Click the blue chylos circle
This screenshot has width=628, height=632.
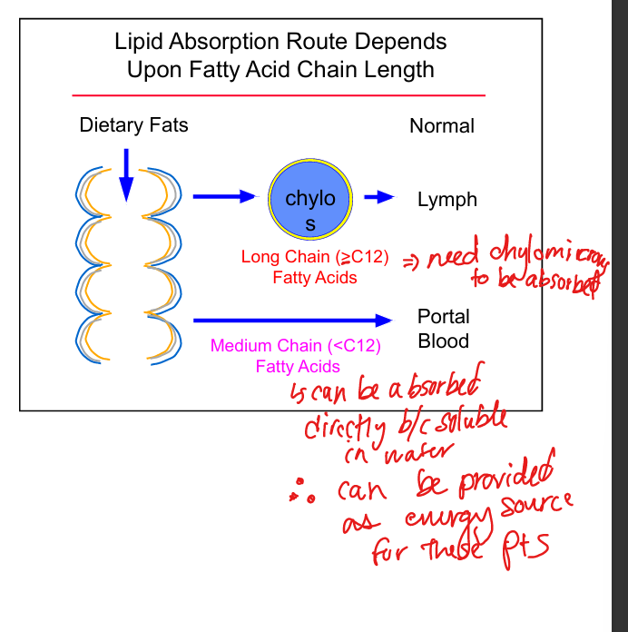pyautogui.click(x=309, y=198)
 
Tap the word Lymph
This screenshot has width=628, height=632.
pyautogui.click(x=446, y=200)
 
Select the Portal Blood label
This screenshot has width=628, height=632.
pyautogui.click(x=443, y=329)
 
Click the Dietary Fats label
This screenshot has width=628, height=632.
pyautogui.click(x=133, y=125)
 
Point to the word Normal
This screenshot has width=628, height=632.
pyautogui.click(x=442, y=126)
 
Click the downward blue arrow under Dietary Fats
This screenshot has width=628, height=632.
pyautogui.click(x=126, y=174)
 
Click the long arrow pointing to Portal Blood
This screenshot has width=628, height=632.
pyautogui.click(x=290, y=320)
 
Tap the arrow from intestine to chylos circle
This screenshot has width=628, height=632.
pyautogui.click(x=225, y=196)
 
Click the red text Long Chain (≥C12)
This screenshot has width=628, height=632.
pyautogui.click(x=314, y=258)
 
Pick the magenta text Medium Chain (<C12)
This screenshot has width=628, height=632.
pyautogui.click(x=296, y=346)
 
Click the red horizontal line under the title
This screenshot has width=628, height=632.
pyautogui.click(x=279, y=94)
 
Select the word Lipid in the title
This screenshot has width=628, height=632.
pyautogui.click(x=136, y=42)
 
